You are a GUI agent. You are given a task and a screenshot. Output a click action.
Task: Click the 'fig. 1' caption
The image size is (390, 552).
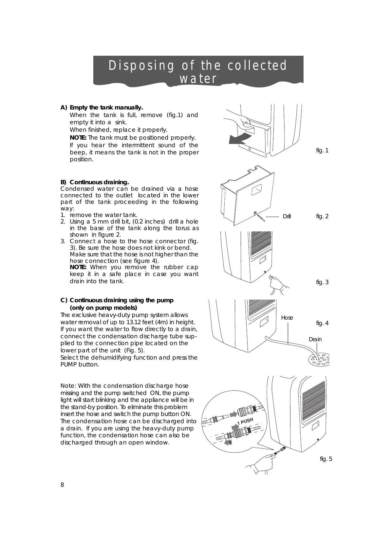pyautogui.click(x=322, y=150)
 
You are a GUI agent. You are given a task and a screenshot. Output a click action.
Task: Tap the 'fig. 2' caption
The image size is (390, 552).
pyautogui.click(x=322, y=216)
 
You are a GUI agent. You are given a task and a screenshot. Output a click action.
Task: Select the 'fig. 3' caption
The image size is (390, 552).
pyautogui.click(x=322, y=282)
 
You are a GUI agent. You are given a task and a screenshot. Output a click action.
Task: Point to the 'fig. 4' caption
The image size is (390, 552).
pyautogui.click(x=322, y=324)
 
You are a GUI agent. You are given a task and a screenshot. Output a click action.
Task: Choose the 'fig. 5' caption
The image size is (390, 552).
pyautogui.click(x=326, y=459)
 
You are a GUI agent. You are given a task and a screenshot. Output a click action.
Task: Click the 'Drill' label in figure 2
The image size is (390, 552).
pyautogui.click(x=287, y=217)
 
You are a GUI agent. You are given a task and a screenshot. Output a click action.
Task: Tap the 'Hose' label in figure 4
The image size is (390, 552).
pyautogui.click(x=287, y=318)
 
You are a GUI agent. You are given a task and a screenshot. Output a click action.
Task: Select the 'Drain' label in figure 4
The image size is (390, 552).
pyautogui.click(x=315, y=339)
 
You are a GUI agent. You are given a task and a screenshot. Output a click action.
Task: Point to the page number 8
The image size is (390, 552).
pyautogui.click(x=62, y=485)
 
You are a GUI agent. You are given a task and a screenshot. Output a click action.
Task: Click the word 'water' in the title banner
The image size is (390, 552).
pyautogui.click(x=198, y=79)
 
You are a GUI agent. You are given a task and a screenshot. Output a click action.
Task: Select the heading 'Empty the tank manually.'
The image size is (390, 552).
pyautogui.click(x=106, y=108)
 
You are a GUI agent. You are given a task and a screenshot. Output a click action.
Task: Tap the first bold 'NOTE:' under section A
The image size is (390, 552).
pyautogui.click(x=78, y=138)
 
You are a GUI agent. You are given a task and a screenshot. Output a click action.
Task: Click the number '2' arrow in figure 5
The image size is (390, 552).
pyautogui.click(x=229, y=443)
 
